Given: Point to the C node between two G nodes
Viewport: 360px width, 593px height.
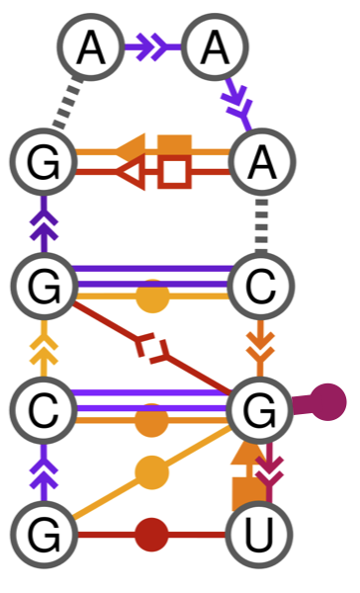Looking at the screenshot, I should coord(45,406).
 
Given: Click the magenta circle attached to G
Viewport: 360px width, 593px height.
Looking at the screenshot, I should coord(328,403).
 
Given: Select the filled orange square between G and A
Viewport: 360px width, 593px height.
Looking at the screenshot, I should coord(175,147).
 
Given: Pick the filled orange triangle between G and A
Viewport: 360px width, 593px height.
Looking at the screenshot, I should coord(131,147).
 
